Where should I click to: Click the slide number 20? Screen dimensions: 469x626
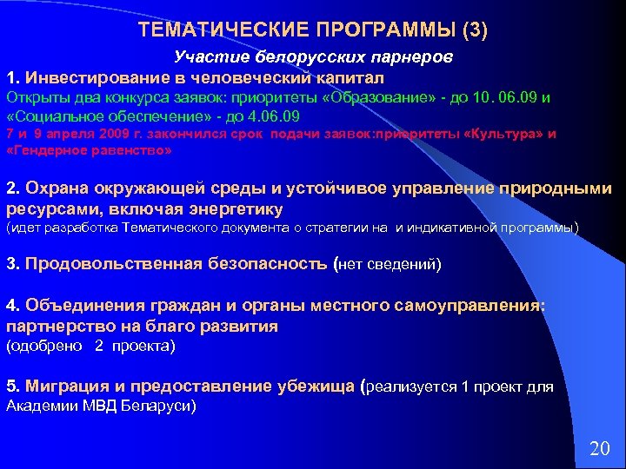point(600,448)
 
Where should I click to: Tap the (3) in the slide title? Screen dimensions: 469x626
point(476,30)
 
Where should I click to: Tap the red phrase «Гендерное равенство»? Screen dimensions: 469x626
point(90,150)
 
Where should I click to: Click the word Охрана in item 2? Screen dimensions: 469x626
point(55,188)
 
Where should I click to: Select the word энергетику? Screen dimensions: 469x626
point(234,208)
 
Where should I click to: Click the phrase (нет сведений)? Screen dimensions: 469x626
point(388,264)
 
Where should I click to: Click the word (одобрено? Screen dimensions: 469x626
point(44,346)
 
